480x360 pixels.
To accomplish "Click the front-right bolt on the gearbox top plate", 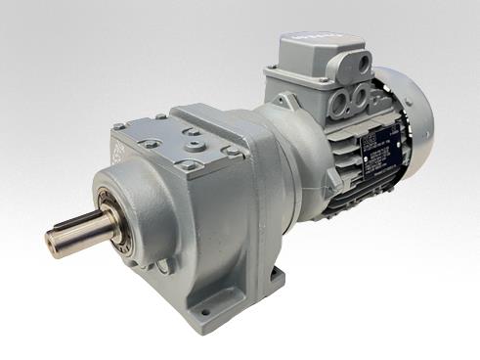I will pos(233,152).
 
